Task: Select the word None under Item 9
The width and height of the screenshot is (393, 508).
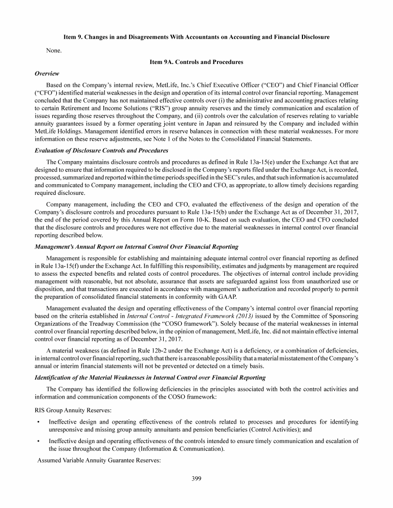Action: point(53,50)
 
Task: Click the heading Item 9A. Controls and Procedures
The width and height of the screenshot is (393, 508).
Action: point(196,62)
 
